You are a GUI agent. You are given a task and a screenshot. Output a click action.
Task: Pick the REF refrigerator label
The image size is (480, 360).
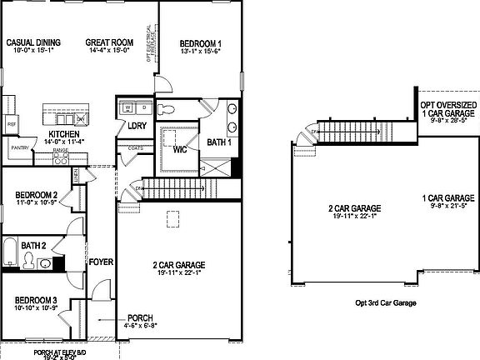click(x=12, y=124)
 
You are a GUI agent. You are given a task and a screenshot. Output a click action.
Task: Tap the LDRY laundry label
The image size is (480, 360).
click(x=137, y=126)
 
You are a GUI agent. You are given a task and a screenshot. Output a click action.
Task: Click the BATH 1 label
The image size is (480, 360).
click(x=219, y=142)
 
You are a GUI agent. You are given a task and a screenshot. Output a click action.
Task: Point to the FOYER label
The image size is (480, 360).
click(x=101, y=262)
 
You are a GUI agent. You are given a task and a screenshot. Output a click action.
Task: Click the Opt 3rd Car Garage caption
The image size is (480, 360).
click(x=385, y=303)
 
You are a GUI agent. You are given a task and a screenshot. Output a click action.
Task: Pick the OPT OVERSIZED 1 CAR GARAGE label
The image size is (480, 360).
click(x=447, y=104)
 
